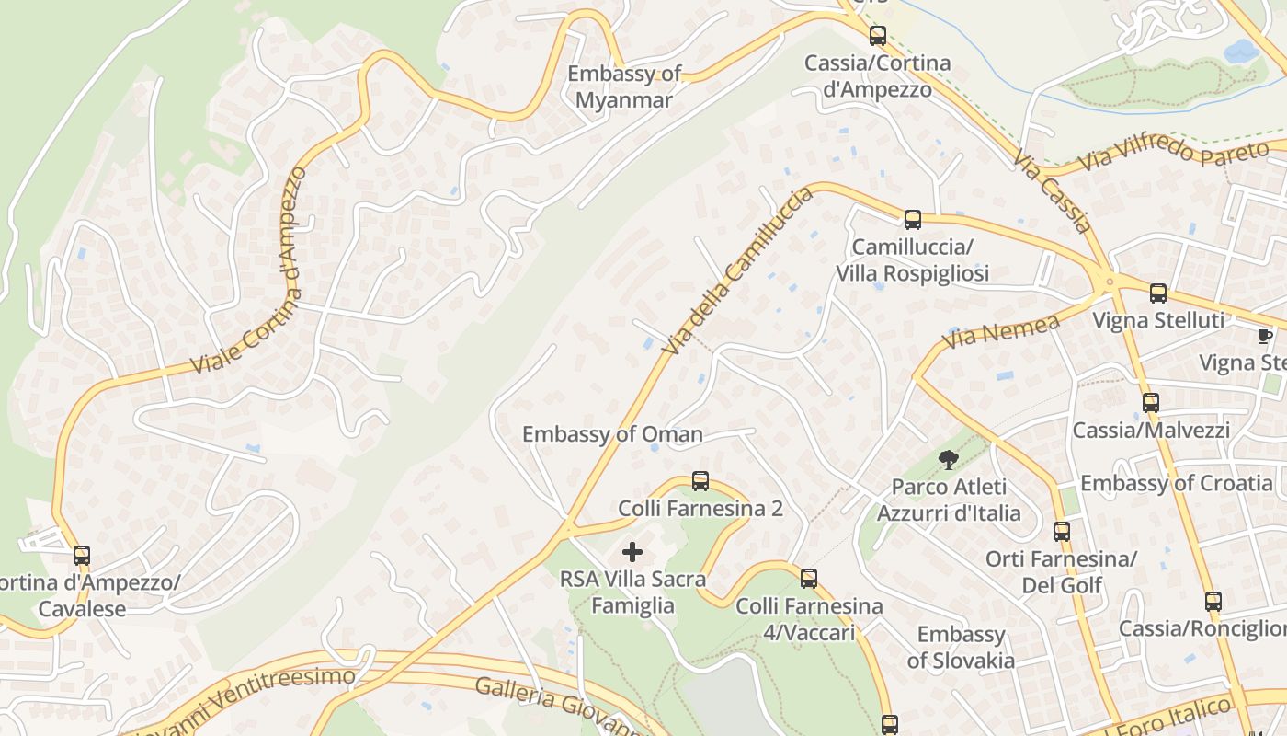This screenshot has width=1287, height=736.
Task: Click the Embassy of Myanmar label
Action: (624, 87)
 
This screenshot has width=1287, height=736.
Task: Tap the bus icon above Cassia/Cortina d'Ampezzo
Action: (878, 36)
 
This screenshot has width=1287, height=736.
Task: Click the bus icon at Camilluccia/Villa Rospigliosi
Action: (912, 220)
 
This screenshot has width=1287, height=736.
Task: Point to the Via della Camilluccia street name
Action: (738, 270)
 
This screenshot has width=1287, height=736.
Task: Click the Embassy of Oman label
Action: (612, 434)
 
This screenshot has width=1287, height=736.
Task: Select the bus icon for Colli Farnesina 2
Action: (700, 481)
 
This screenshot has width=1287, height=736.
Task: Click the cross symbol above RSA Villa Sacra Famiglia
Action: (632, 552)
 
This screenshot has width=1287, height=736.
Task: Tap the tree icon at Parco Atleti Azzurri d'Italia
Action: (948, 458)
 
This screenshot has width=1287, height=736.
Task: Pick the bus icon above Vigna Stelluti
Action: (1158, 293)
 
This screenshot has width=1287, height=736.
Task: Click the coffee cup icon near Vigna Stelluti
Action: (1265, 336)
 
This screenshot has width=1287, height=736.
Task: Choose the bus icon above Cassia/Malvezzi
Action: (1151, 403)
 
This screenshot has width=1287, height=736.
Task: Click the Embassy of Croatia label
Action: (1176, 483)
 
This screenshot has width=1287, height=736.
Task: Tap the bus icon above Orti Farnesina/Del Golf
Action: (1062, 531)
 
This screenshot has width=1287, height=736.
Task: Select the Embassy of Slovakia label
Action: (961, 647)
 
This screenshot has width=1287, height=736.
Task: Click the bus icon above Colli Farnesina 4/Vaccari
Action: (809, 579)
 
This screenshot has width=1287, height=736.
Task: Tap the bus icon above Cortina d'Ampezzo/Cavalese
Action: (82, 556)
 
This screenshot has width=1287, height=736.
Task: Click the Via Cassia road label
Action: (1054, 192)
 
